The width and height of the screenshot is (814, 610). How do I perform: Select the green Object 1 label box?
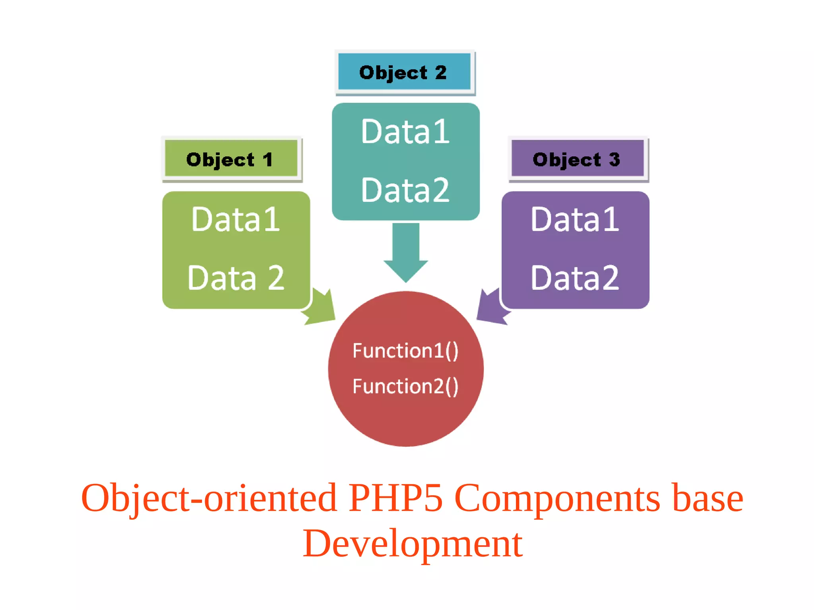(x=231, y=159)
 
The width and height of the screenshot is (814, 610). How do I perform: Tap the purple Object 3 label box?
(x=578, y=159)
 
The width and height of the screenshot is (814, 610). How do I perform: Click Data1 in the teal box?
(x=405, y=132)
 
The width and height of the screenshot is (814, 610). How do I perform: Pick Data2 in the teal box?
(x=405, y=190)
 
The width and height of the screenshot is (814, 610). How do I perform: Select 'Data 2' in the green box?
(x=235, y=278)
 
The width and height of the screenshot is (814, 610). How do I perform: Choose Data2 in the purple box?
(x=575, y=278)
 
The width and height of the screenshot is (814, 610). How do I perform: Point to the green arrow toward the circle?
(x=320, y=308)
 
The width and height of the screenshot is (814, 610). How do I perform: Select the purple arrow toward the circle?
(x=492, y=308)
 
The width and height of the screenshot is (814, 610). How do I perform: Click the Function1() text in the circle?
(x=405, y=351)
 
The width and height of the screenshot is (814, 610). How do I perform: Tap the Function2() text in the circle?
(x=405, y=386)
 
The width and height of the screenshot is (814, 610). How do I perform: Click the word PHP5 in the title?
(x=395, y=498)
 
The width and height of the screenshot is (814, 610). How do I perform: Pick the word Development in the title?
(x=412, y=544)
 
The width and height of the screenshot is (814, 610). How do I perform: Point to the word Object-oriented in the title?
(x=209, y=498)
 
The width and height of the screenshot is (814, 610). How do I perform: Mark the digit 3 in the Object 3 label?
(x=614, y=159)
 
